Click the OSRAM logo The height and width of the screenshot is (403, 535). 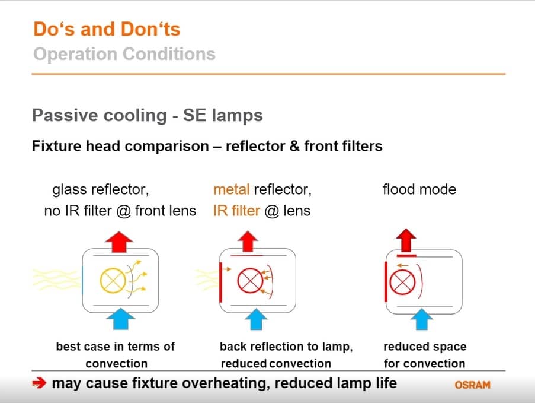pos(473,385)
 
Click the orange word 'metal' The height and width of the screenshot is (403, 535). pos(231,189)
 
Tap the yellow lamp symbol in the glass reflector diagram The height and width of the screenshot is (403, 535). pos(113,281)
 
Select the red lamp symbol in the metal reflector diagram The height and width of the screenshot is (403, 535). pos(250,281)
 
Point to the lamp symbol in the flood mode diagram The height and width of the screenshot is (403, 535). pos(402,283)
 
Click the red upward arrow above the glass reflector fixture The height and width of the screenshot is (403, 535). pos(119,242)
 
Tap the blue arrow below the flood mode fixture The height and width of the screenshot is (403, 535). pos(422,319)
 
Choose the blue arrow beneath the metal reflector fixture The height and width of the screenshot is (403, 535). pos(256,319)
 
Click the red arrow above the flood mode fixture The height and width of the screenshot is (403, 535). pos(406,240)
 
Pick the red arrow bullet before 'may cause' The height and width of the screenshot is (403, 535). pos(39,383)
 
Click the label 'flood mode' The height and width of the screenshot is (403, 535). pos(419,189)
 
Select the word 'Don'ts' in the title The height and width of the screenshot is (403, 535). pos(150,29)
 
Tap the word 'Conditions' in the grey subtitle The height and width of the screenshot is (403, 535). pos(169,54)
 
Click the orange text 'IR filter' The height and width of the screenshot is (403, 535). pos(236,211)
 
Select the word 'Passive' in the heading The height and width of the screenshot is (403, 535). pos(65,115)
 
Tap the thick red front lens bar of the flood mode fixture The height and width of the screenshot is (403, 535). pos(386,282)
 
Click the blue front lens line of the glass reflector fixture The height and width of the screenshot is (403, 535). pos(82,280)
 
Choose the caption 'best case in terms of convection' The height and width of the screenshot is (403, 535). pos(116,355)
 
